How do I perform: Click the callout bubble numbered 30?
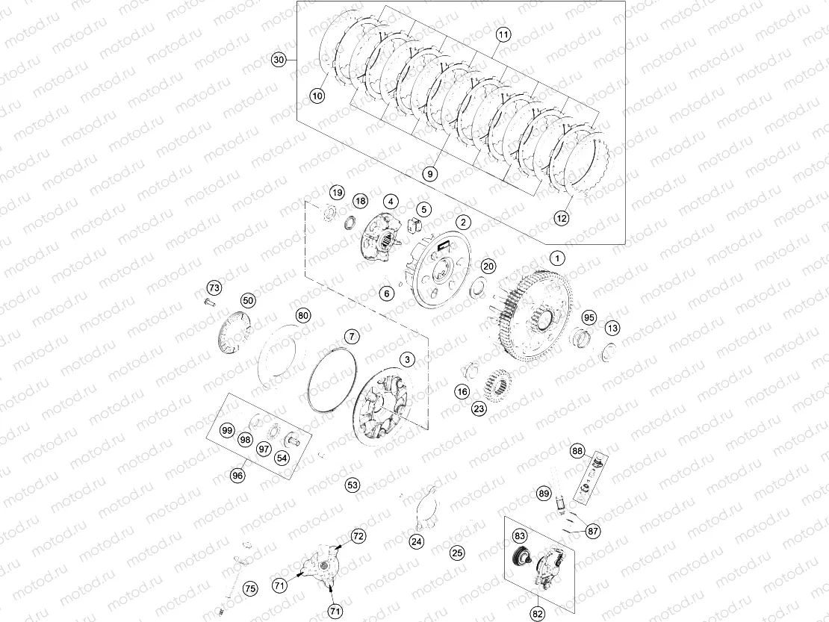tap(279, 60)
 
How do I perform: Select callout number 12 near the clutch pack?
tap(562, 219)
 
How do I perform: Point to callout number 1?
tap(556, 257)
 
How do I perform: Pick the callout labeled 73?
tap(214, 288)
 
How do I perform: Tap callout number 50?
tap(248, 301)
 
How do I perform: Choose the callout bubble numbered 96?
tap(237, 475)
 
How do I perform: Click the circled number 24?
tap(417, 541)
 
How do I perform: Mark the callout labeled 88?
tap(577, 451)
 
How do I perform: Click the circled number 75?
tap(250, 588)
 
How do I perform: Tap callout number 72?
tap(358, 535)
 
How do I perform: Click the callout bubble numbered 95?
tap(590, 317)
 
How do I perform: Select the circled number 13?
tap(612, 328)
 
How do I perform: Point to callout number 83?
tap(519, 535)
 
